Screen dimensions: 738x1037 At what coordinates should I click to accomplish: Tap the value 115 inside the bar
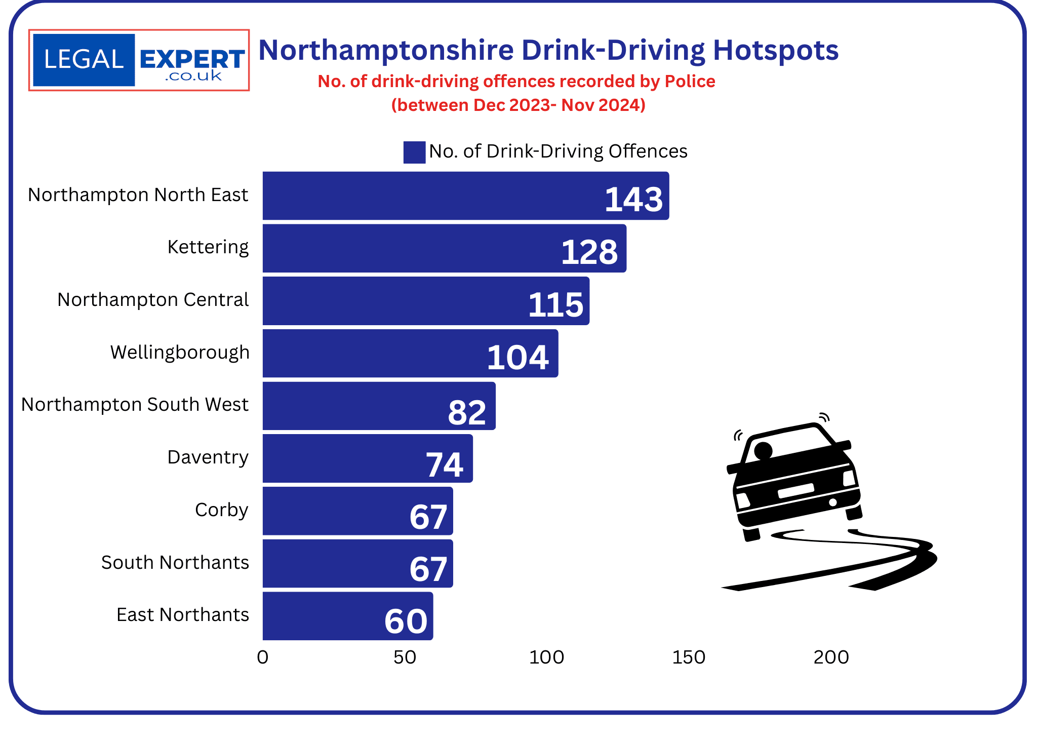coord(555,305)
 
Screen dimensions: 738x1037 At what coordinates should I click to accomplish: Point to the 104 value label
coord(517,358)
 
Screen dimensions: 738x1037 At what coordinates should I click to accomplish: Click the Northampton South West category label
coord(135,405)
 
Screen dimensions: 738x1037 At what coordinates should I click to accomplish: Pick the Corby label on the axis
coord(221,510)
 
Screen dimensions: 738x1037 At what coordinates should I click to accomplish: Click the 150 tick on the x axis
coord(689,657)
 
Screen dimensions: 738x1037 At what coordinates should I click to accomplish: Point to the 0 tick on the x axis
coord(262,657)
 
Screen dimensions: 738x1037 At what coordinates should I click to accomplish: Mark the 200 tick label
coord(831,657)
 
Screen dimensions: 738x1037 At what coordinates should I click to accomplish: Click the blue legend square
coord(414,152)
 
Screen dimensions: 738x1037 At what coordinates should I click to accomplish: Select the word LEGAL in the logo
coord(84,60)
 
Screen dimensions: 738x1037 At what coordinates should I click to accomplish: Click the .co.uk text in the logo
coord(193,76)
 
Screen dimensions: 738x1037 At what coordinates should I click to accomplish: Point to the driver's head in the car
coord(763,450)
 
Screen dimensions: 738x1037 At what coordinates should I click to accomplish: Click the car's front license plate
coord(795,490)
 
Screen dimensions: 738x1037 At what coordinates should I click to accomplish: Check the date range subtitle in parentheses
coord(518,105)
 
